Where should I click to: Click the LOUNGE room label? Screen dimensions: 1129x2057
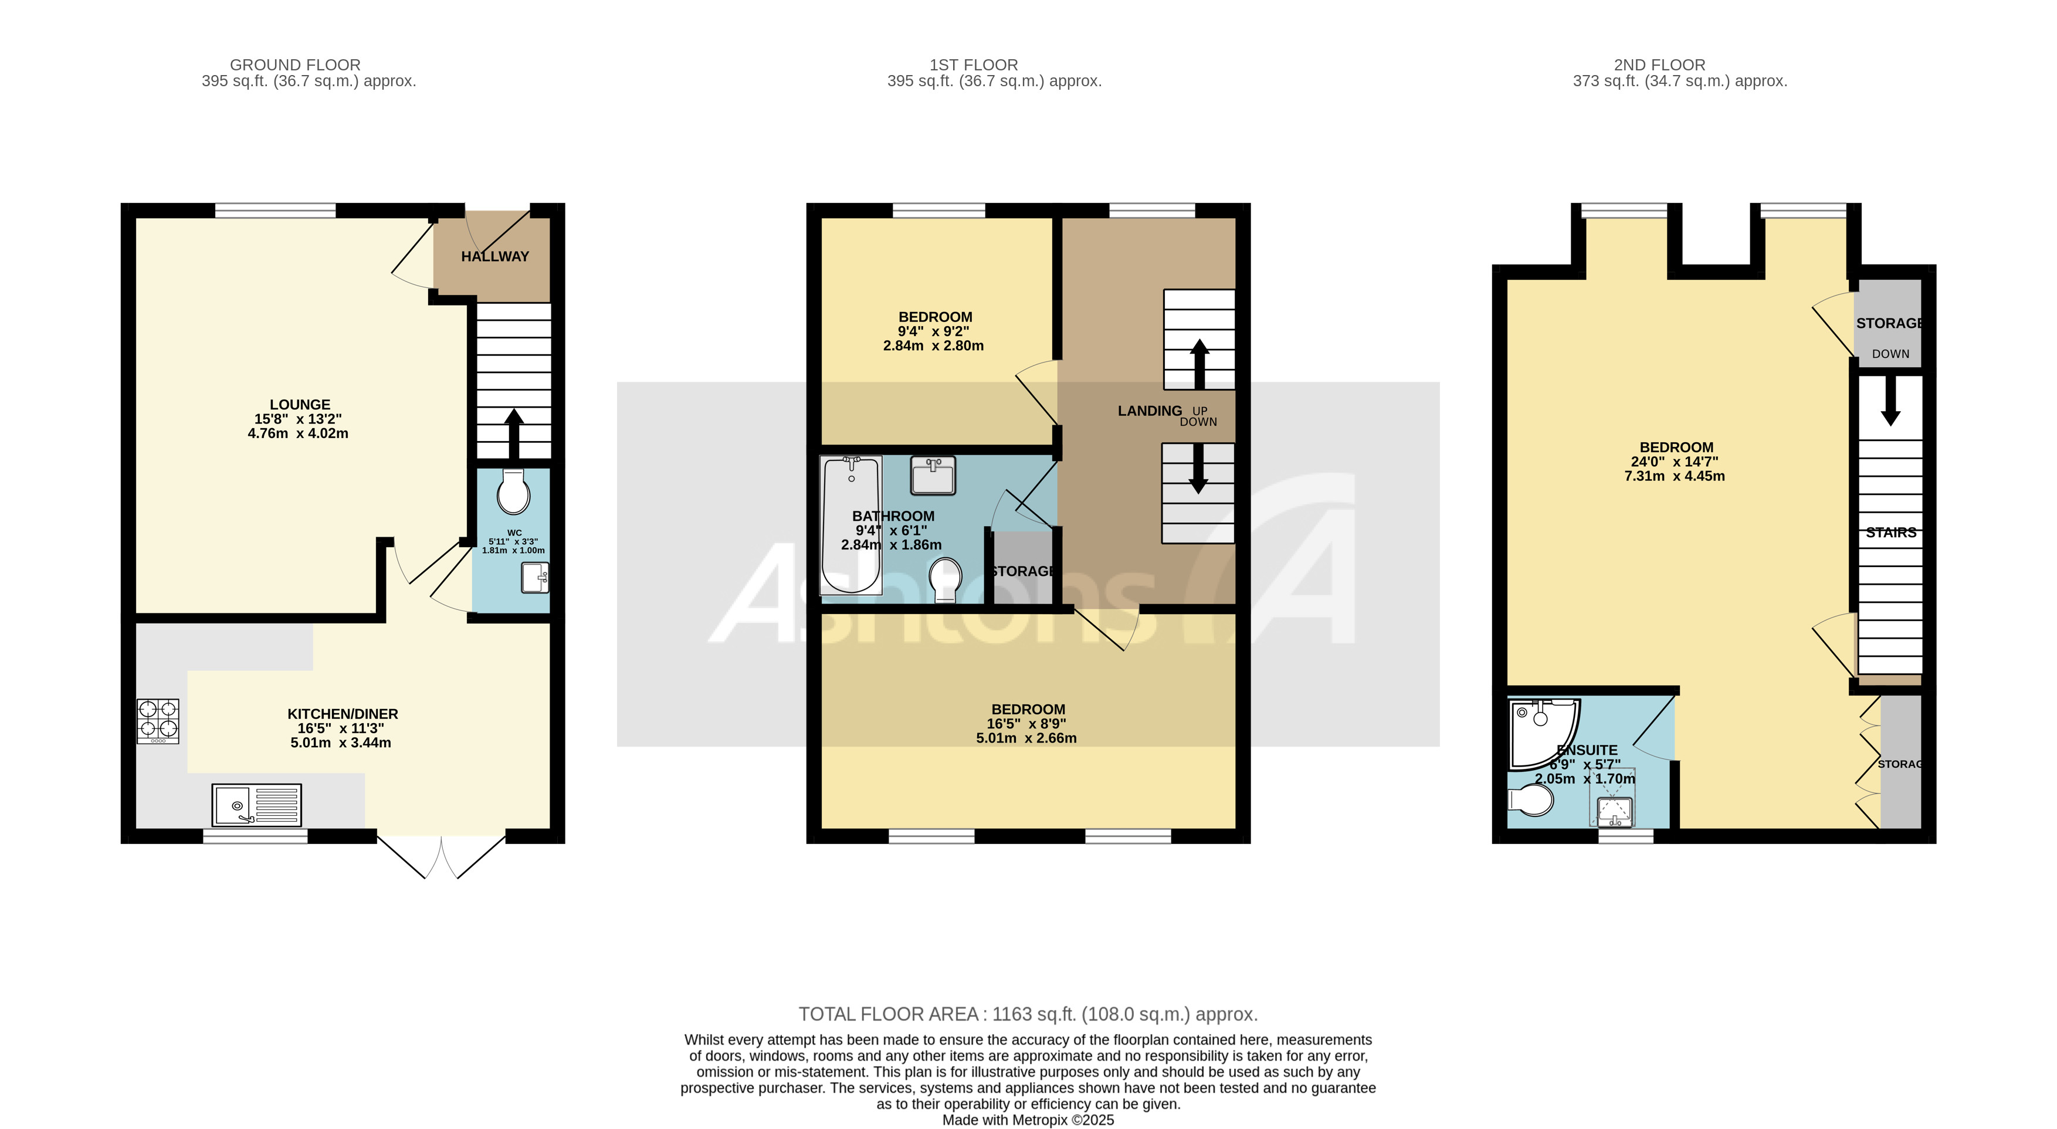click(300, 405)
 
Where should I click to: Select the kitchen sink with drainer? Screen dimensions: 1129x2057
click(256, 804)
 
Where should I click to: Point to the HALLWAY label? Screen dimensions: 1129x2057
click(494, 256)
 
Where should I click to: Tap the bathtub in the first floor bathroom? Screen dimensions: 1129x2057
click(851, 524)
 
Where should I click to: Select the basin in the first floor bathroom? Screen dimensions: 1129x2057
click(933, 475)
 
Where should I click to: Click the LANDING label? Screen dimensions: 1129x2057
click(1149, 411)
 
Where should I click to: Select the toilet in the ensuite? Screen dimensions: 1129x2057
click(1529, 799)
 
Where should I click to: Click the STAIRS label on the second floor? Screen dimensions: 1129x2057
click(1890, 533)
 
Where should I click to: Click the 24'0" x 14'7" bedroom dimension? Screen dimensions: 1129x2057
click(1675, 462)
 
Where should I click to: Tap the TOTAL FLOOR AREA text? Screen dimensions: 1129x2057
click(1028, 1014)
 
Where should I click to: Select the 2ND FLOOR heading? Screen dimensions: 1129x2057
click(1659, 65)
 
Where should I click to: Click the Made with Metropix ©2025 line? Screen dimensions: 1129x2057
click(1028, 1120)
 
